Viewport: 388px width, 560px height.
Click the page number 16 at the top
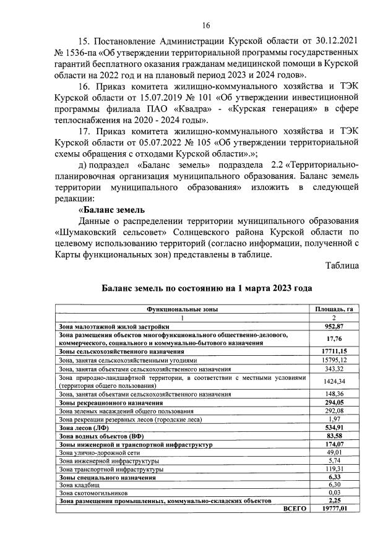206,25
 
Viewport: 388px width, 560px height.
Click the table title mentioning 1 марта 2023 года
207,288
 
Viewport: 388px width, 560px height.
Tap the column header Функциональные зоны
182,308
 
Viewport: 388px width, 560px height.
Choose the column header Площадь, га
334,308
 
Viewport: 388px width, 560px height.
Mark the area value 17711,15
334,351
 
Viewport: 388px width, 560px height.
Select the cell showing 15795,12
334,360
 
